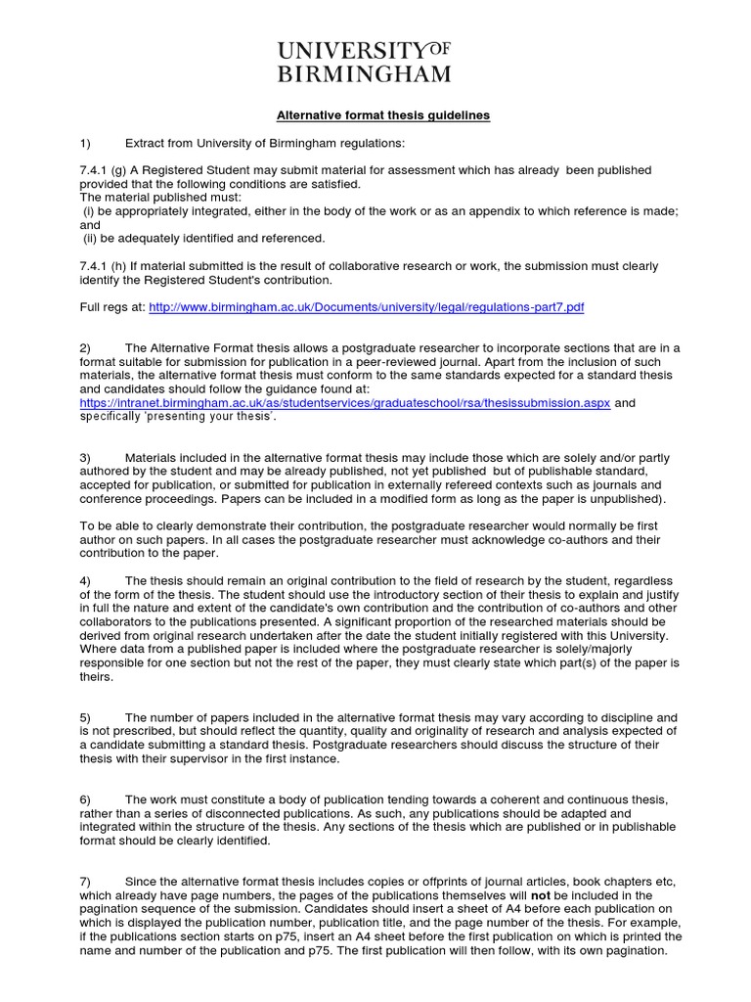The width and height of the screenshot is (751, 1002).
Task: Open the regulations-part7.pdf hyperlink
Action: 367,307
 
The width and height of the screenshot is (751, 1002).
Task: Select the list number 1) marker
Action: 85,143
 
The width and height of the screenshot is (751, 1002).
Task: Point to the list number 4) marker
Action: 85,580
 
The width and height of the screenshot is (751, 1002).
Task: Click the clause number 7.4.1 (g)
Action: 110,170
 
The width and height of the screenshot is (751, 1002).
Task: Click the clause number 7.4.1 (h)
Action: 110,266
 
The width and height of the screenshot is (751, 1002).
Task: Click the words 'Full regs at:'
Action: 111,307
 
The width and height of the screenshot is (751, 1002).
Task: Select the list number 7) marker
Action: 85,882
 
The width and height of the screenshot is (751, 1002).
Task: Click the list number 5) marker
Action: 85,717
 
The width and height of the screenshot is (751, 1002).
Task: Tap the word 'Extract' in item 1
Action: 146,143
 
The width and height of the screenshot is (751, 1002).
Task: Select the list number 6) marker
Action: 85,799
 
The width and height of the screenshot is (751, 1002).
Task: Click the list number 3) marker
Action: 85,457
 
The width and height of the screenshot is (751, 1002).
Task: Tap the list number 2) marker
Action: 85,348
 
